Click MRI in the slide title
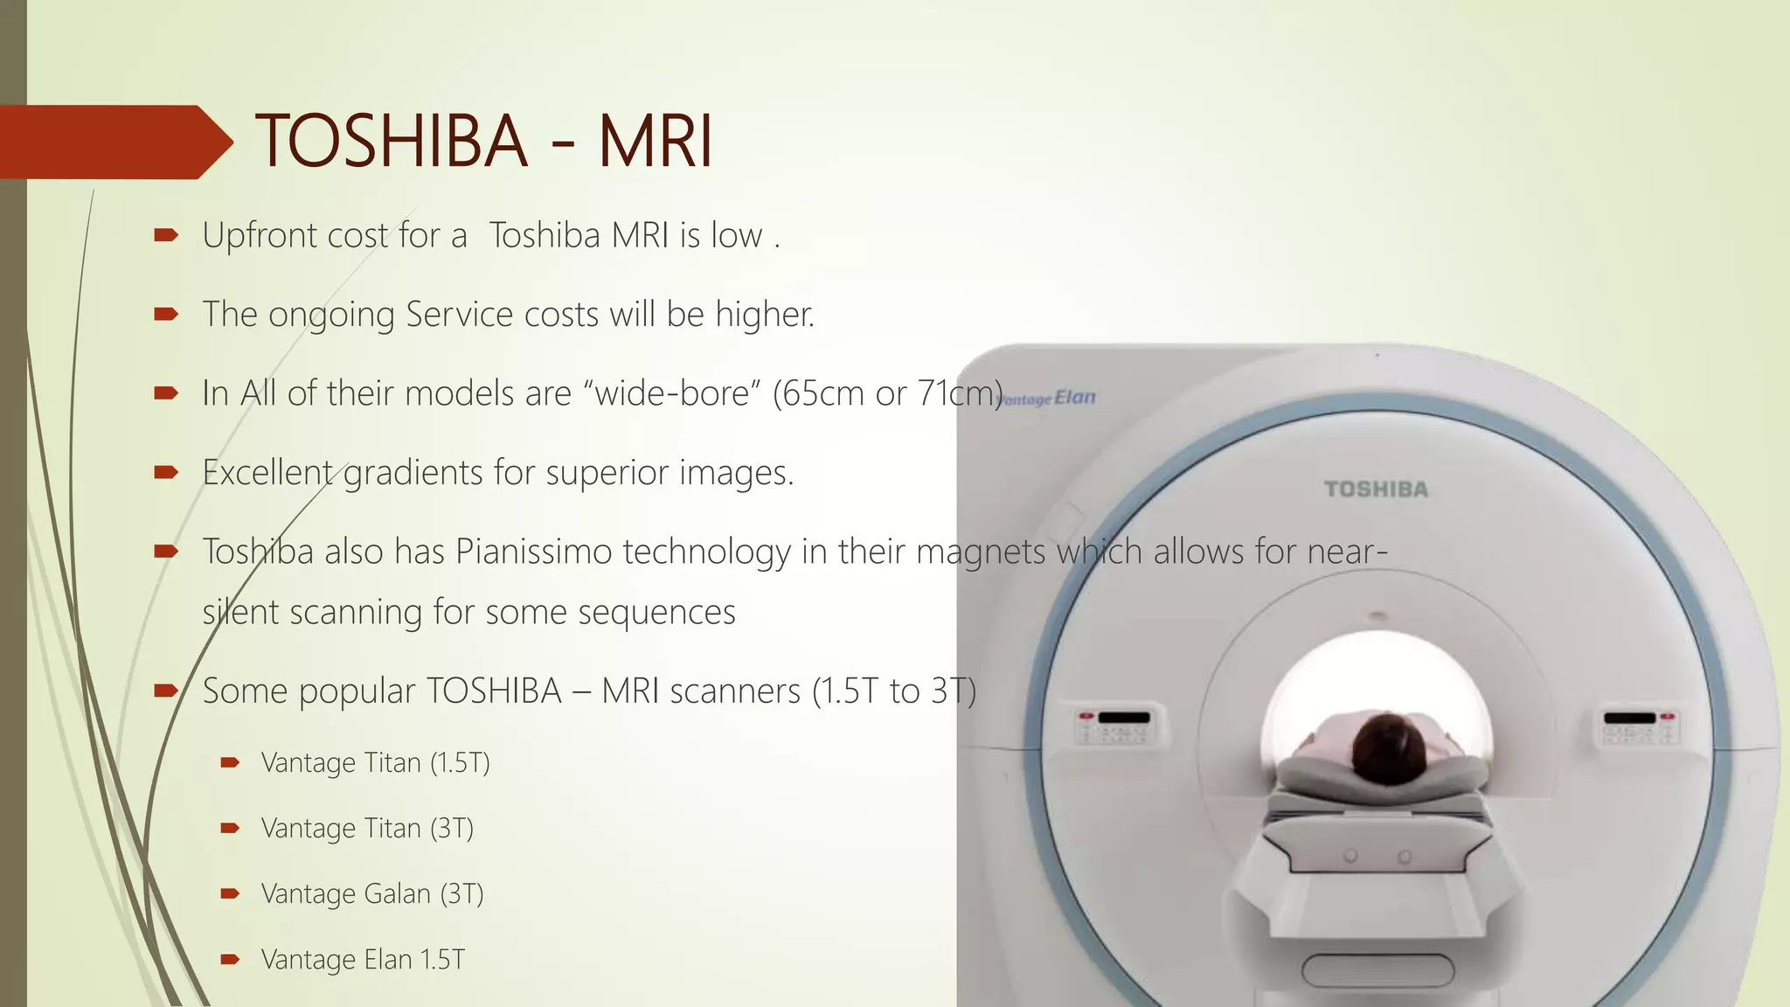[656, 142]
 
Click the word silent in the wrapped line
[239, 613]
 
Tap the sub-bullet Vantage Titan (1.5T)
[375, 763]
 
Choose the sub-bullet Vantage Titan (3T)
[367, 829]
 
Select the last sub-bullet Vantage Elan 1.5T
[363, 960]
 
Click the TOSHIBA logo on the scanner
[1376, 490]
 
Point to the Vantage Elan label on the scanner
[1049, 399]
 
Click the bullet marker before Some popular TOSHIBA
[165, 691]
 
